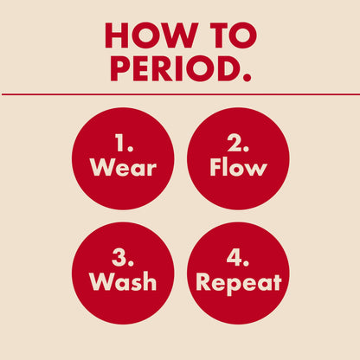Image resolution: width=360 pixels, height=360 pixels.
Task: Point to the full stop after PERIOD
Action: (x=247, y=78)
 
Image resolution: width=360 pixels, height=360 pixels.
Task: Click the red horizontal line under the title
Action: (x=180, y=93)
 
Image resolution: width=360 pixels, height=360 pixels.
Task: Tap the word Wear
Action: (x=123, y=167)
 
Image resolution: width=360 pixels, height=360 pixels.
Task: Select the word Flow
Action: (x=238, y=167)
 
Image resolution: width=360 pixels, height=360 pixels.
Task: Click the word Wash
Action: (x=123, y=281)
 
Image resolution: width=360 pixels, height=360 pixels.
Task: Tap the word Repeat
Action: (x=238, y=282)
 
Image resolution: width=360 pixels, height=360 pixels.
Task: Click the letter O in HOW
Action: (x=147, y=35)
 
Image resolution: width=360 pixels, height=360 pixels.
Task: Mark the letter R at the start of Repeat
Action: (x=203, y=281)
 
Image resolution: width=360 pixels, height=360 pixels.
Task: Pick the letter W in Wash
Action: (x=100, y=281)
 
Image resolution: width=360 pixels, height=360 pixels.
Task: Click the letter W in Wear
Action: (x=102, y=167)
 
